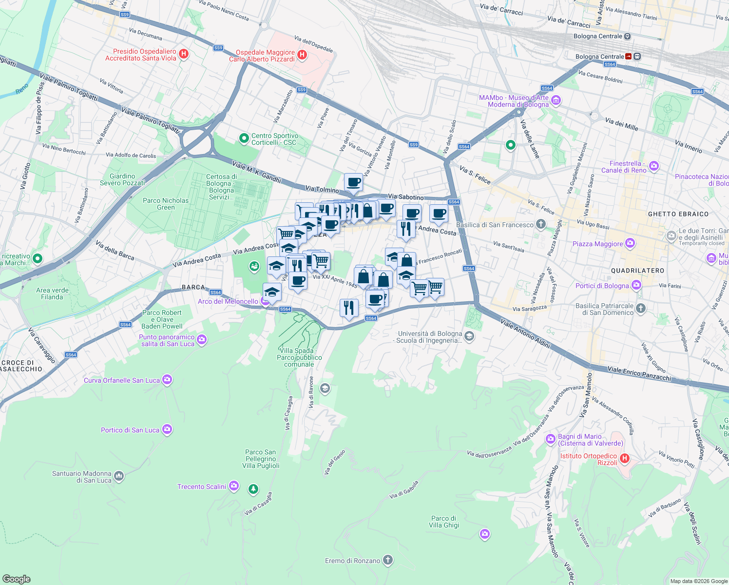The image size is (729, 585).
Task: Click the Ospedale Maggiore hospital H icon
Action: (302, 55)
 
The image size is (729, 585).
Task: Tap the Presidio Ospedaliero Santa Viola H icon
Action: (184, 54)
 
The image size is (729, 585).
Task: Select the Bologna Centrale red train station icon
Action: (629, 57)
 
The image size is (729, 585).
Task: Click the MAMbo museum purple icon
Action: (556, 101)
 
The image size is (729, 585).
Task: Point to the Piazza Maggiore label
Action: (597, 244)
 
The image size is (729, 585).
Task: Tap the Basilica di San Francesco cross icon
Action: (540, 224)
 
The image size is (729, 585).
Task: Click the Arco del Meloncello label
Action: (228, 301)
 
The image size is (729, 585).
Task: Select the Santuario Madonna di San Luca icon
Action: (119, 476)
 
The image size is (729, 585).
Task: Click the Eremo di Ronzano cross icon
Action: (387, 560)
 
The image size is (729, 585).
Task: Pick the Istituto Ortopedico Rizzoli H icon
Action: (625, 459)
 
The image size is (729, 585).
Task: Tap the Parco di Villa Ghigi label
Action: (443, 522)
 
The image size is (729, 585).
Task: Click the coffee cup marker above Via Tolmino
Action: (353, 183)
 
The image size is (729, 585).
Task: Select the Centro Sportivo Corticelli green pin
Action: (244, 139)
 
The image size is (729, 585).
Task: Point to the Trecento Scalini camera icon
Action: (234, 486)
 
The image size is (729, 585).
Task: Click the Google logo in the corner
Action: (17, 579)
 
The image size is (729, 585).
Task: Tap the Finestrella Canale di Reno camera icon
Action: (654, 166)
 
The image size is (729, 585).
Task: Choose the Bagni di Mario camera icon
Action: (550, 439)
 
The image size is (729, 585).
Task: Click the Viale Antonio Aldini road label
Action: (525, 334)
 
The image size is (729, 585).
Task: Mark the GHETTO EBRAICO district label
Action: (678, 214)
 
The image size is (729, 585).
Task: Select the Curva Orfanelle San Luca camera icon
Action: (167, 380)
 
